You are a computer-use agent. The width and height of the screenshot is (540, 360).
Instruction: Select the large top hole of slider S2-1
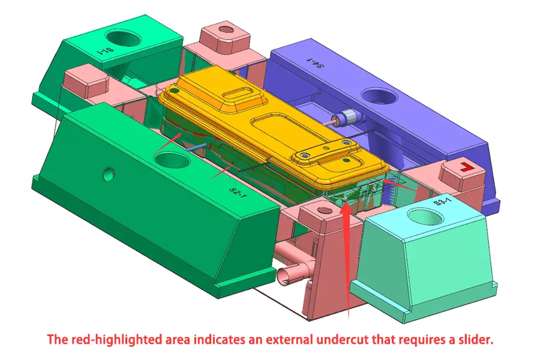tap(172, 160)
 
